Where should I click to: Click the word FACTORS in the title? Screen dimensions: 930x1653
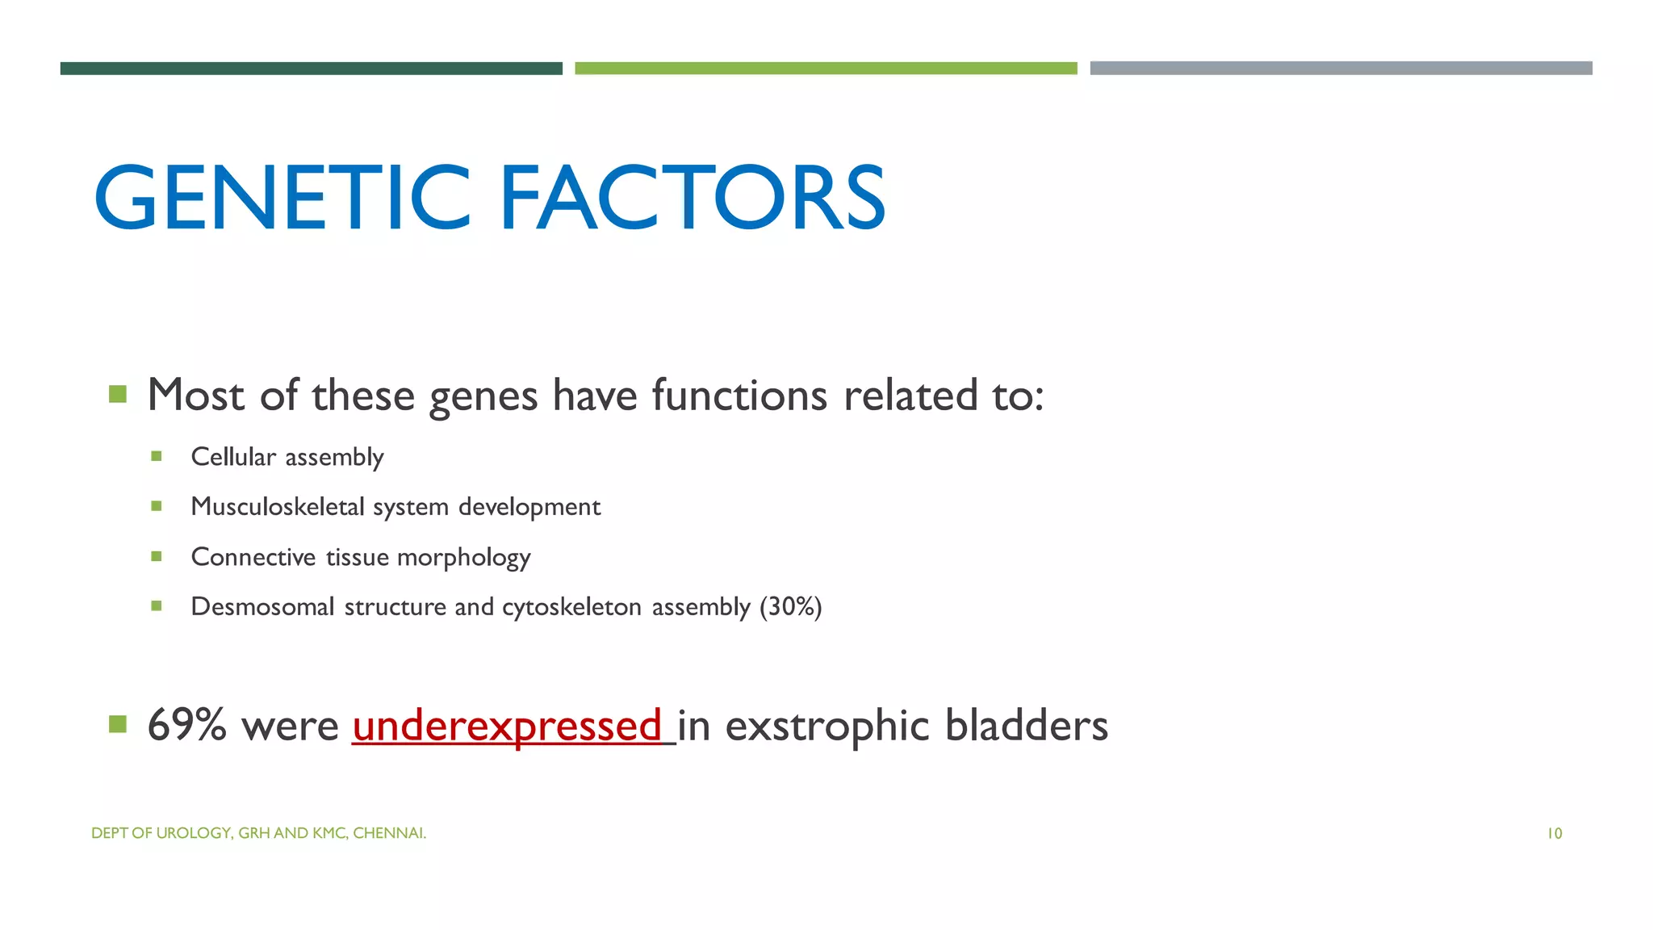coord(693,198)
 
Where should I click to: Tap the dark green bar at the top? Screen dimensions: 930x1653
coord(311,69)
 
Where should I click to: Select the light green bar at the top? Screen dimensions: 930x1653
coord(826,69)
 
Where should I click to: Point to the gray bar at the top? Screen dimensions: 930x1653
coord(1341,69)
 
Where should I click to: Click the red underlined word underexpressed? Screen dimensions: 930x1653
coord(507,725)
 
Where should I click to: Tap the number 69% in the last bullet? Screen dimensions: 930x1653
coord(186,725)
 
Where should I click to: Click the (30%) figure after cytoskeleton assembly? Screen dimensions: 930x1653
coord(790,606)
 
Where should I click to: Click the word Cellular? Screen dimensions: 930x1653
coord(233,457)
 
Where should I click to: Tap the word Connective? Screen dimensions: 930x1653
coord(253,557)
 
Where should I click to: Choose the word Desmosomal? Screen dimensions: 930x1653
coord(262,606)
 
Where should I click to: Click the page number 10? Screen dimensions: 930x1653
coord(1554,834)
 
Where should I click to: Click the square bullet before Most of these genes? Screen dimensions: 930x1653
coord(118,394)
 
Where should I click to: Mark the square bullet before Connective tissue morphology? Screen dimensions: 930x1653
coord(157,556)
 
